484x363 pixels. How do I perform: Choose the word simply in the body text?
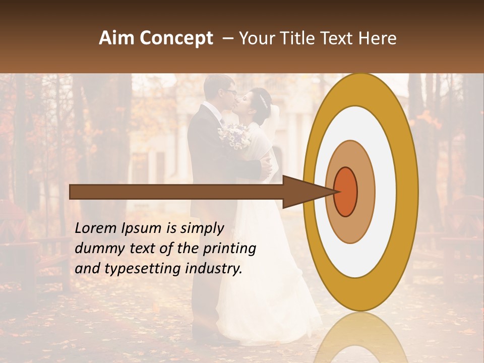tap(201, 229)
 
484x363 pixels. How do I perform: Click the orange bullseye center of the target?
tap(345, 192)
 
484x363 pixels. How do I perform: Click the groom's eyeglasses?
tap(230, 92)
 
